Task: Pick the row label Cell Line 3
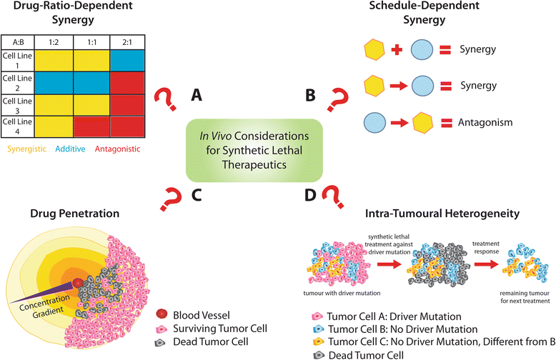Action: pyautogui.click(x=16, y=106)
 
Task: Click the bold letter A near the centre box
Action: pyautogui.click(x=195, y=94)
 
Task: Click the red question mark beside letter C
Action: pyautogui.click(x=174, y=196)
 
